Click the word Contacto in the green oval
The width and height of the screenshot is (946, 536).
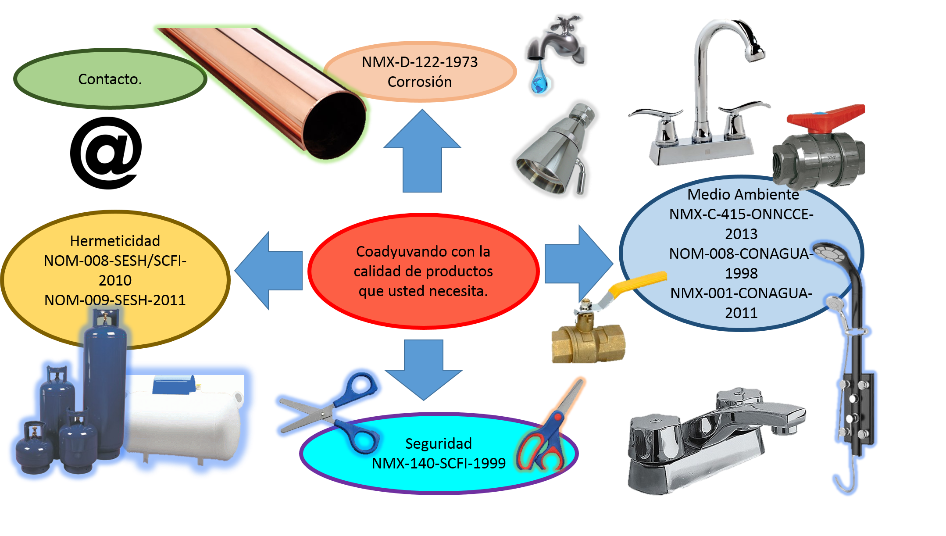(x=110, y=79)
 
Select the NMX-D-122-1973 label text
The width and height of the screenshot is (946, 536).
(x=419, y=62)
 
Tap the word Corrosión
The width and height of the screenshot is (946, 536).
(x=419, y=82)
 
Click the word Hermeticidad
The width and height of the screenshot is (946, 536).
(x=115, y=241)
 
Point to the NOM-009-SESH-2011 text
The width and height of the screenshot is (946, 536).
(x=115, y=300)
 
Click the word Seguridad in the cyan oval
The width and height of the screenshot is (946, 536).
(x=438, y=443)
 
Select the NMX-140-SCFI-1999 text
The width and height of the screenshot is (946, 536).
(x=438, y=463)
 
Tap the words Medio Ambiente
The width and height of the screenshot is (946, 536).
(x=743, y=194)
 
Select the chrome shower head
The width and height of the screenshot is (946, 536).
(x=555, y=151)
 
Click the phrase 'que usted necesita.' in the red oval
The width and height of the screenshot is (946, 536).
(x=423, y=291)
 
